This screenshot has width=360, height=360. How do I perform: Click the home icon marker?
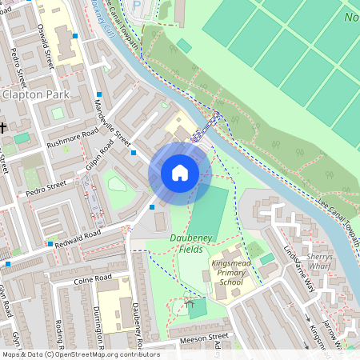point(180,173)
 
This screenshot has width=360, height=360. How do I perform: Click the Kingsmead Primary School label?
point(232,273)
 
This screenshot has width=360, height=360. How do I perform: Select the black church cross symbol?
point(3,127)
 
